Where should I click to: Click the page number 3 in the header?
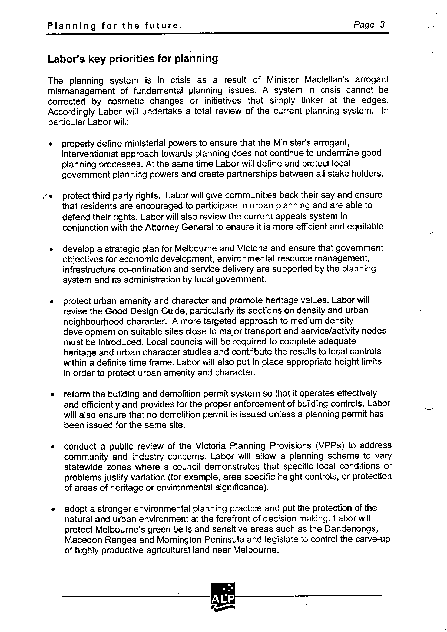382,25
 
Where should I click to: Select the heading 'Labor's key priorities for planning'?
133,59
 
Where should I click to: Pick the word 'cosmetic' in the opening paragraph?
125,101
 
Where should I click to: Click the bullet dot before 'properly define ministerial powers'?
50,144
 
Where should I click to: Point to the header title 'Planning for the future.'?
115,26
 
